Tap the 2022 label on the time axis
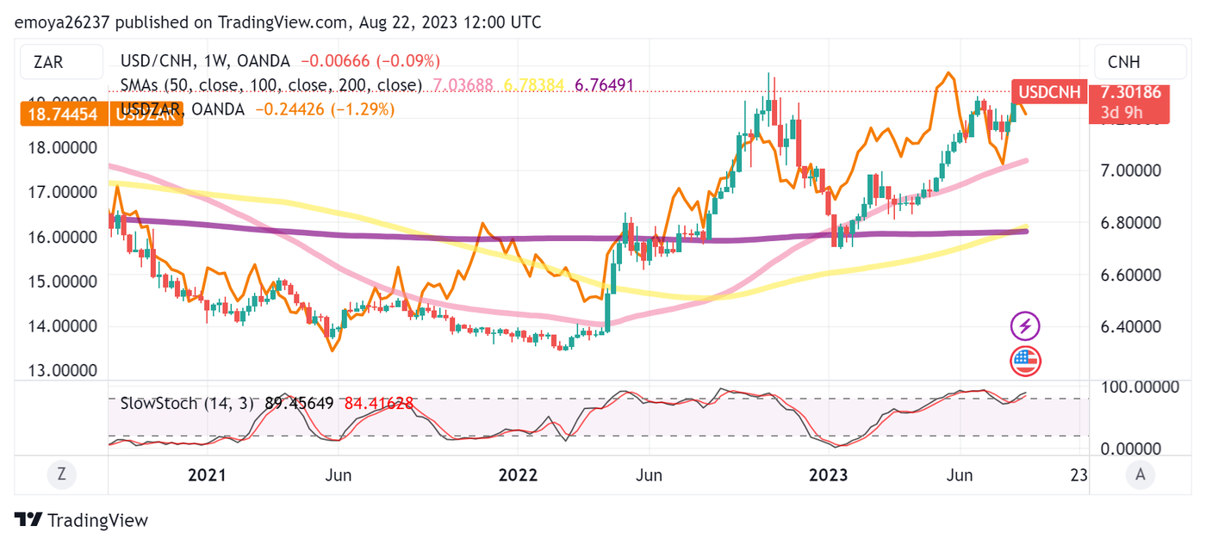518,474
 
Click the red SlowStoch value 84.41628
379,403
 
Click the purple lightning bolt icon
1025,326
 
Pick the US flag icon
1025,361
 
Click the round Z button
61,473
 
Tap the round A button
1140,473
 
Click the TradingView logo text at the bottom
82,520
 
